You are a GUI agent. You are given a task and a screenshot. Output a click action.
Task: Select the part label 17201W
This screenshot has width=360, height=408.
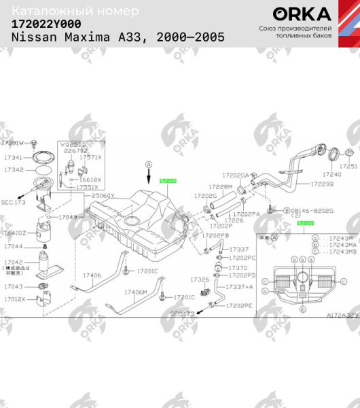tap(13, 143)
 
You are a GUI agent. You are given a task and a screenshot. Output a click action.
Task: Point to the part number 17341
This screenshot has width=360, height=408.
tap(14, 157)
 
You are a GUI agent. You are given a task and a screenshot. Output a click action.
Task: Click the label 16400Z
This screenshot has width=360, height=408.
tap(14, 233)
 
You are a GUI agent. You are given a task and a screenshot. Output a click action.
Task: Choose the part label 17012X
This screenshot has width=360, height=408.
tap(14, 299)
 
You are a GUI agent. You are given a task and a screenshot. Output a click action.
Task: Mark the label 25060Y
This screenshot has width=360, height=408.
tap(103, 196)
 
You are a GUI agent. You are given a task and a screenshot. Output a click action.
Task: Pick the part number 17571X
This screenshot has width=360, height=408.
tap(90, 157)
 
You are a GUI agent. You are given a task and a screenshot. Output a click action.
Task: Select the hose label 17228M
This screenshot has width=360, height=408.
tap(221, 186)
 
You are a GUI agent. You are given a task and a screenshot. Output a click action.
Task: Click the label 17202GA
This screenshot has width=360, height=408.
tap(236, 175)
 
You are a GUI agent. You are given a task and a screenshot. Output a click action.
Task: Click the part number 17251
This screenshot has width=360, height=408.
tap(348, 166)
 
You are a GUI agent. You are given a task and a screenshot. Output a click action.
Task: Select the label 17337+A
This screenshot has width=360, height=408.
tap(239, 287)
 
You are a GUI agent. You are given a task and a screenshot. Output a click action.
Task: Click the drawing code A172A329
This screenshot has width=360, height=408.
tap(341, 316)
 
